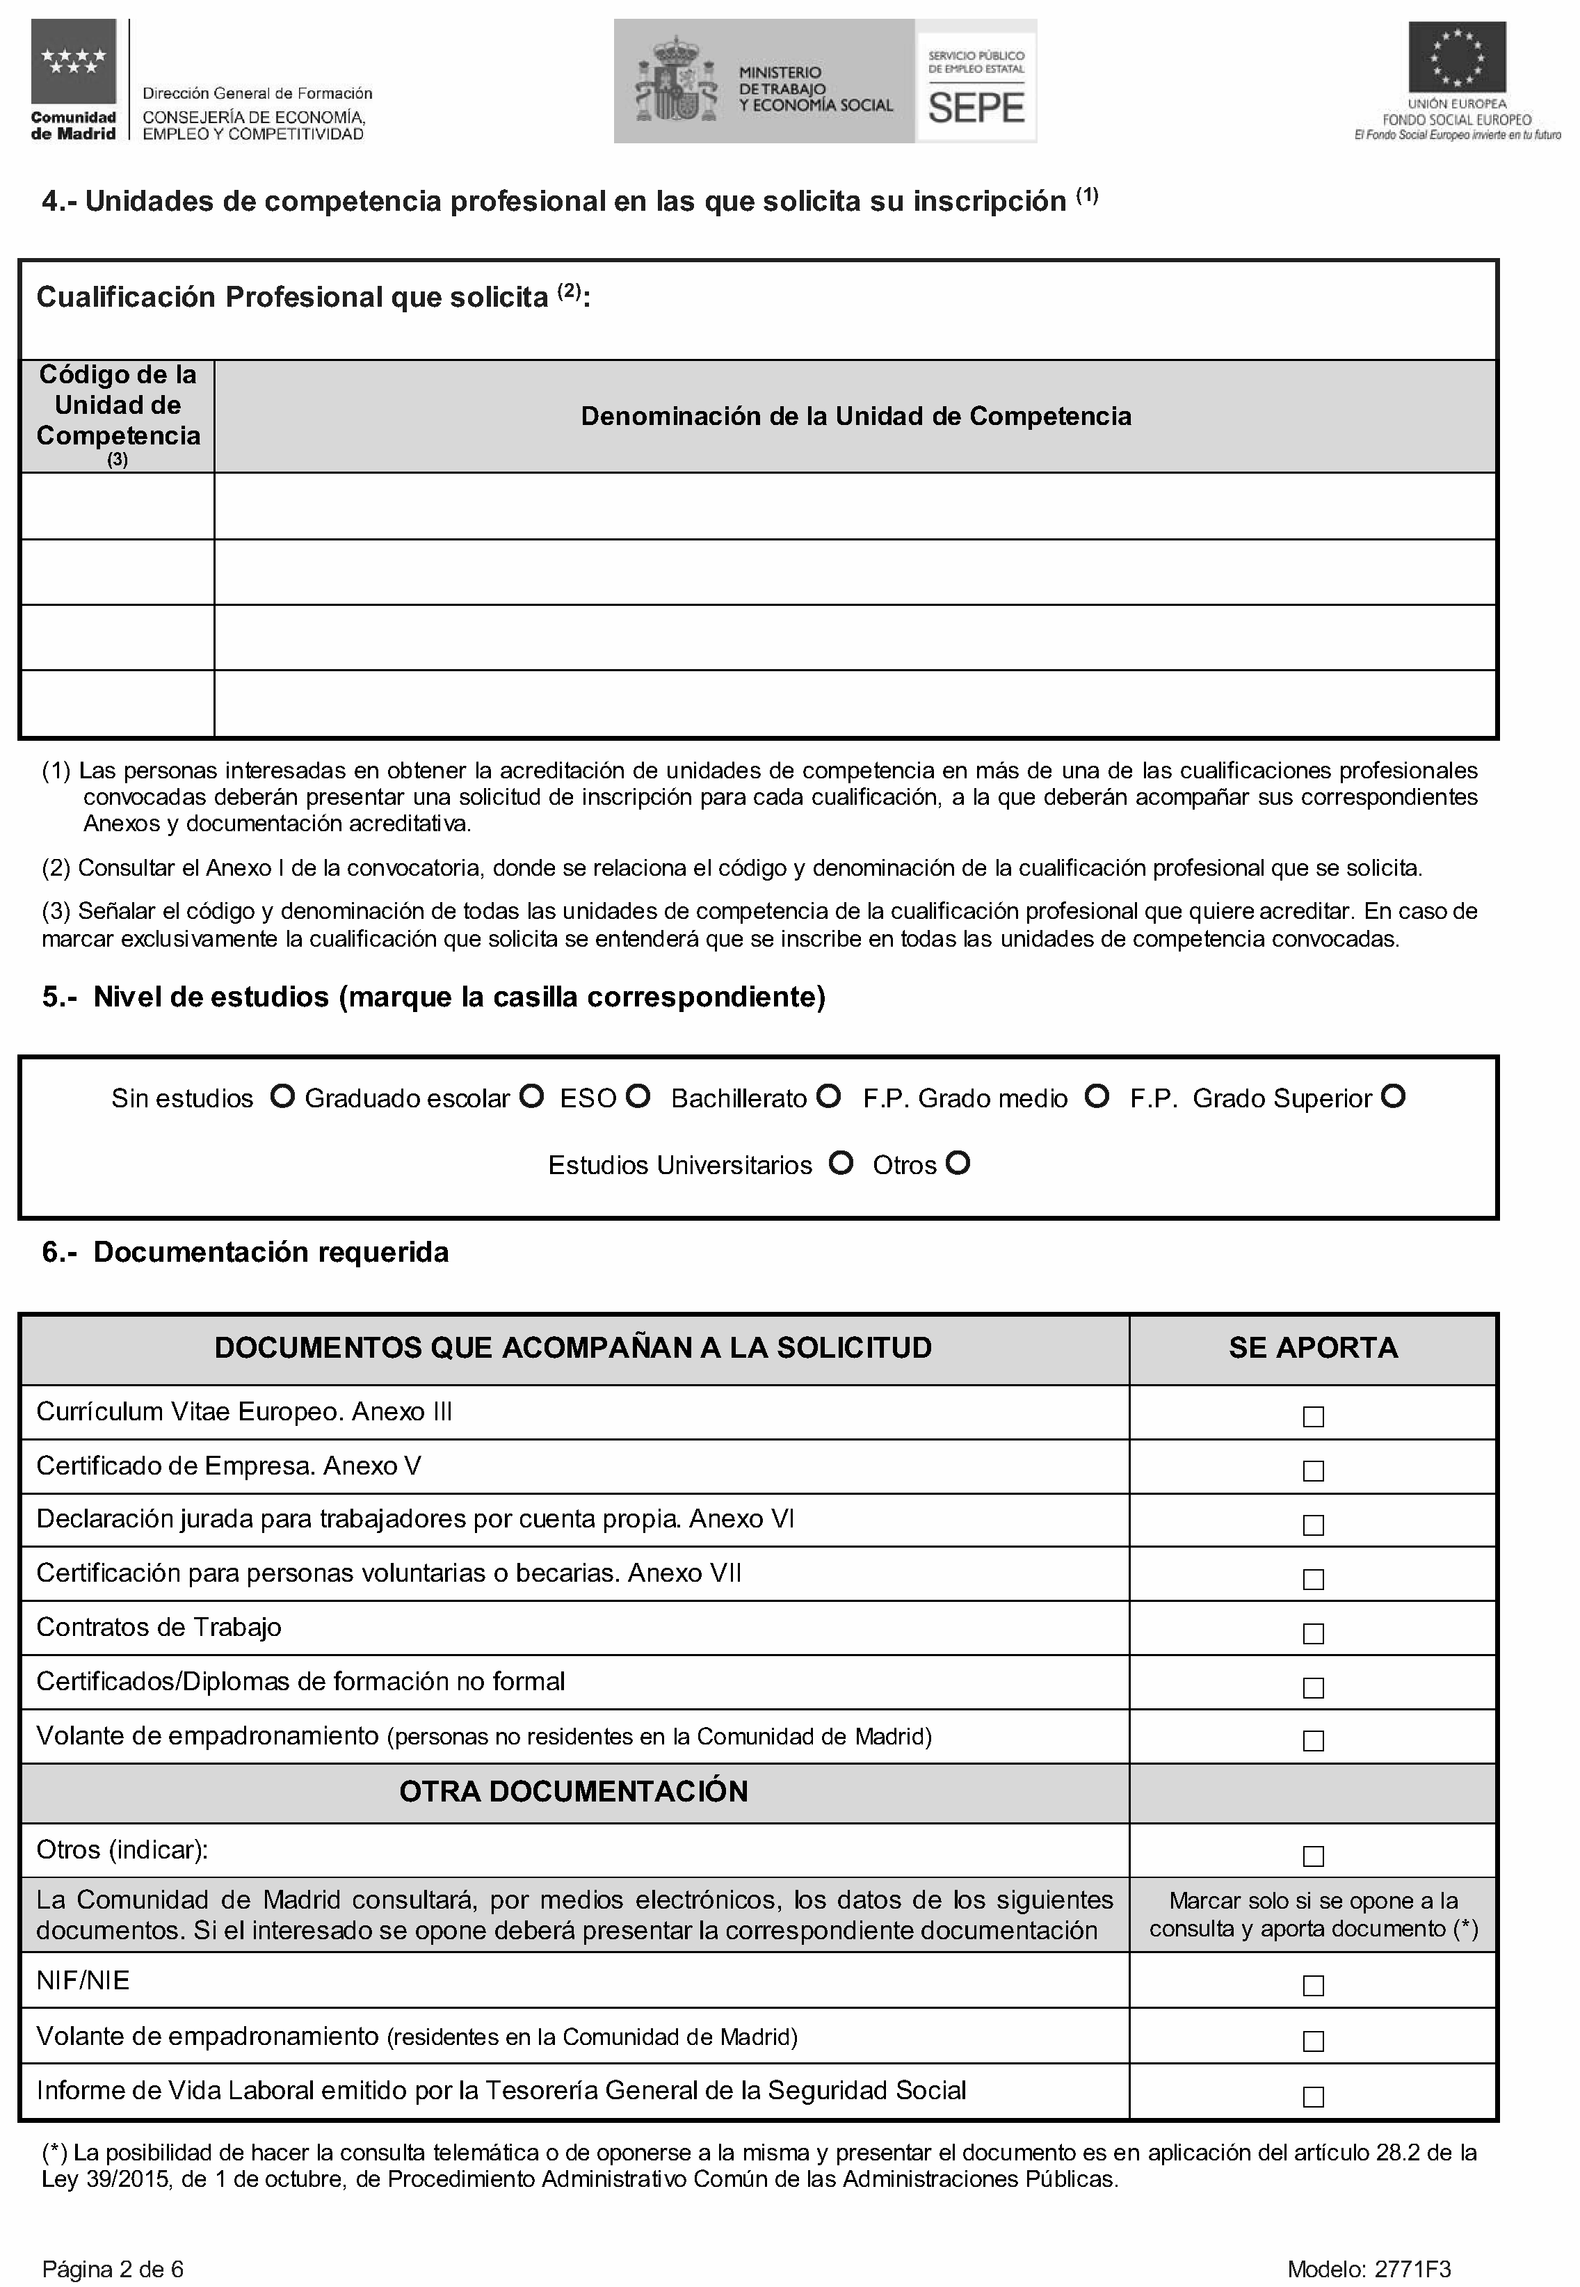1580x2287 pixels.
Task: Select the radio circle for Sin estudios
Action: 283,1096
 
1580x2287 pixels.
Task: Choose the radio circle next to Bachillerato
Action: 829,1096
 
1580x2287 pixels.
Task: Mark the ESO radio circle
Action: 638,1096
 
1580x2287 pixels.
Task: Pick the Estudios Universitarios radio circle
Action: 841,1162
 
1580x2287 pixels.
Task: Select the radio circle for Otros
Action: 958,1162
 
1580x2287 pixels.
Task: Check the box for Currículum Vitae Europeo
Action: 1313,1417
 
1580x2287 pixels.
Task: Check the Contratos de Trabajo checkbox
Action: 1313,1634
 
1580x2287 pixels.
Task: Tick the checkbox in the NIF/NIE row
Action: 1313,1985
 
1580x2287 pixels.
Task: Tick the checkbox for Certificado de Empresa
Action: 1313,1471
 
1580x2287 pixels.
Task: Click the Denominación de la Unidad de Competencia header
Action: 855,416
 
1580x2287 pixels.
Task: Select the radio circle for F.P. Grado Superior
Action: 1393,1096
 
